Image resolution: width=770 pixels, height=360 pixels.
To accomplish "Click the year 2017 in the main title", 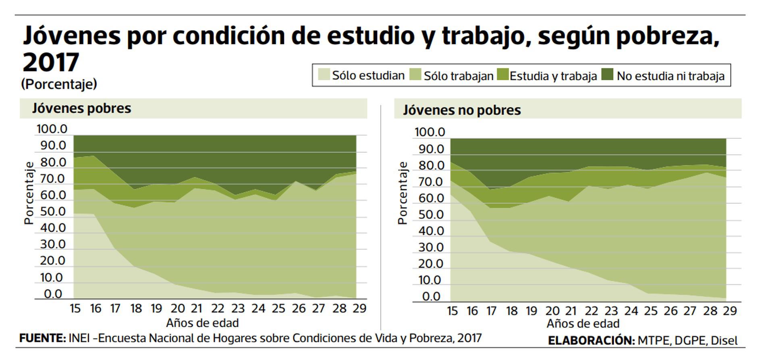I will click(x=51, y=62).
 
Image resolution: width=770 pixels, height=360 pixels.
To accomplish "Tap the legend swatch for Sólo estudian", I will click(x=324, y=75).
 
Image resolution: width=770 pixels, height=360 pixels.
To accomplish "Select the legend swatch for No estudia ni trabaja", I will click(x=607, y=75).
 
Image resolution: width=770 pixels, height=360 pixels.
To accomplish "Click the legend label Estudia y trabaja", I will click(x=553, y=76).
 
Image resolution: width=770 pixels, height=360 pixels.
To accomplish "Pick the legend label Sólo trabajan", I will click(x=459, y=76).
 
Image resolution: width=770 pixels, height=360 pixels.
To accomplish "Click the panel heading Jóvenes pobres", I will click(x=81, y=108).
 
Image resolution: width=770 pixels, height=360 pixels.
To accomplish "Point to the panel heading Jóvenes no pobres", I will click(x=462, y=110).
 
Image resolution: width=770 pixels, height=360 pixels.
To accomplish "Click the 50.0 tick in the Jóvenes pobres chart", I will click(x=53, y=211).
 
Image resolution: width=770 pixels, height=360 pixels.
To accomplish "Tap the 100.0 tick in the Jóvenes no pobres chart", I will click(x=430, y=132).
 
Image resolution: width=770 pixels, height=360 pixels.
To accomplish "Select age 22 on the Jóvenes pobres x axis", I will click(x=218, y=308).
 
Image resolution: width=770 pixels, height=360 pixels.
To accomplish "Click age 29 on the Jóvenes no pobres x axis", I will click(x=729, y=311).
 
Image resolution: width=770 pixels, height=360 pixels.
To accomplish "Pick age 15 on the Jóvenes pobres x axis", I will click(x=75, y=308).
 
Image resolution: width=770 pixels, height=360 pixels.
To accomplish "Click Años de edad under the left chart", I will click(x=202, y=323).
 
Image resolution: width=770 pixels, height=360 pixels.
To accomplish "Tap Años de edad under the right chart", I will click(x=583, y=324).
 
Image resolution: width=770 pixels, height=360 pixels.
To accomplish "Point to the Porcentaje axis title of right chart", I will click(x=403, y=193).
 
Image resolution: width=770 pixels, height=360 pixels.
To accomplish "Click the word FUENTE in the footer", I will click(x=42, y=338).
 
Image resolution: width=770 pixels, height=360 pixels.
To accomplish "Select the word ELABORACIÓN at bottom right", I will click(x=591, y=340).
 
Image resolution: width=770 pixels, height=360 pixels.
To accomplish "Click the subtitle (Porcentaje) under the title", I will click(x=59, y=84).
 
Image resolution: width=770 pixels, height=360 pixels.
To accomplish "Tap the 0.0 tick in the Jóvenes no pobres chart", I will click(x=431, y=297).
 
